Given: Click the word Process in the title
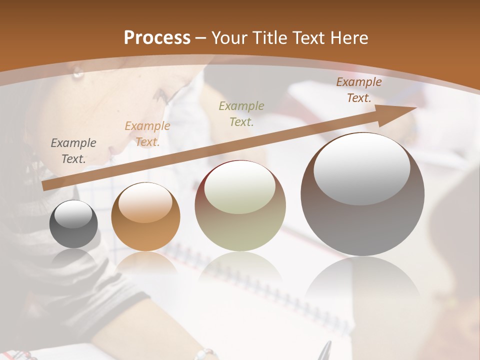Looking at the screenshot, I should point(157,38).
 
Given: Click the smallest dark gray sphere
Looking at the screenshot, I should point(73,224).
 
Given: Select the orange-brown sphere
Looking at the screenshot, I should point(145,216).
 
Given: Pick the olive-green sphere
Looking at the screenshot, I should point(240,206).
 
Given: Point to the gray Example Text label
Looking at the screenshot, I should point(73,151).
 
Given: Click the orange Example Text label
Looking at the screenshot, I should point(147,134).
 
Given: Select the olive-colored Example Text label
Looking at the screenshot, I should point(241,113).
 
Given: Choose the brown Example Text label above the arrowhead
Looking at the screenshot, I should point(359,90).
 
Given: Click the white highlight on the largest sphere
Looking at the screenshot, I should point(361,169).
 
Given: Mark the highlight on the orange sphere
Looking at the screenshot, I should point(145,202).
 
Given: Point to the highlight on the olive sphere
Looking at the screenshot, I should point(240,187).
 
